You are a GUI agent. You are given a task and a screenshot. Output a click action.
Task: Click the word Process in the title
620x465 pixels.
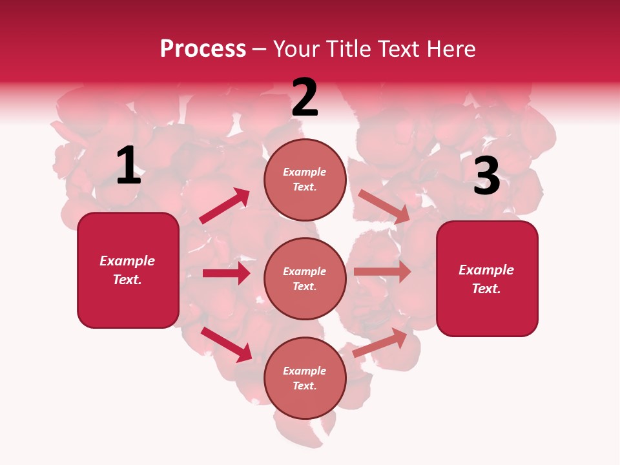203,49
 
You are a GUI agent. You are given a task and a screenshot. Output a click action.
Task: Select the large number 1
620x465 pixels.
129,166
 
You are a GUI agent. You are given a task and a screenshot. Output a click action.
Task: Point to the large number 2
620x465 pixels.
305,98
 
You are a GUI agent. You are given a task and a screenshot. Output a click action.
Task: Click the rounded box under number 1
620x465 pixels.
128,270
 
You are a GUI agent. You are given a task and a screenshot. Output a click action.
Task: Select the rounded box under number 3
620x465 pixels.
487,278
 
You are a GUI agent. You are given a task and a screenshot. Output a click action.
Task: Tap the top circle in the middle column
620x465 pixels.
305,180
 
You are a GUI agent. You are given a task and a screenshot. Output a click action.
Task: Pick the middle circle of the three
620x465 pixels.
305,278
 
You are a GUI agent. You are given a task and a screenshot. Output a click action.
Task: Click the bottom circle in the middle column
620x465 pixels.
305,378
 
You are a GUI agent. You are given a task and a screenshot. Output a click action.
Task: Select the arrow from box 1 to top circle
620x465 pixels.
224,206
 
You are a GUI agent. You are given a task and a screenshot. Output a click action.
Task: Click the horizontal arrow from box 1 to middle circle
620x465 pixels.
226,273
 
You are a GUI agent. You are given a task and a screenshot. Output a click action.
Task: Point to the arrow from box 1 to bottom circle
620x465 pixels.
226,344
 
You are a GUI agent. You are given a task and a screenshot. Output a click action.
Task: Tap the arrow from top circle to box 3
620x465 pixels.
384,207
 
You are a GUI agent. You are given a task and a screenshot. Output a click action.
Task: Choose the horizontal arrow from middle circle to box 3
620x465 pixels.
382,272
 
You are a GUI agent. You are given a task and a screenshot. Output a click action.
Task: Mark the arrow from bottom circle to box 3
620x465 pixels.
380,343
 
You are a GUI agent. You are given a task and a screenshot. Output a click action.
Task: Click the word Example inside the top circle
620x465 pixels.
305,172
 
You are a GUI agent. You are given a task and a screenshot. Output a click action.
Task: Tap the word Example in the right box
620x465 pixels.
486,270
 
